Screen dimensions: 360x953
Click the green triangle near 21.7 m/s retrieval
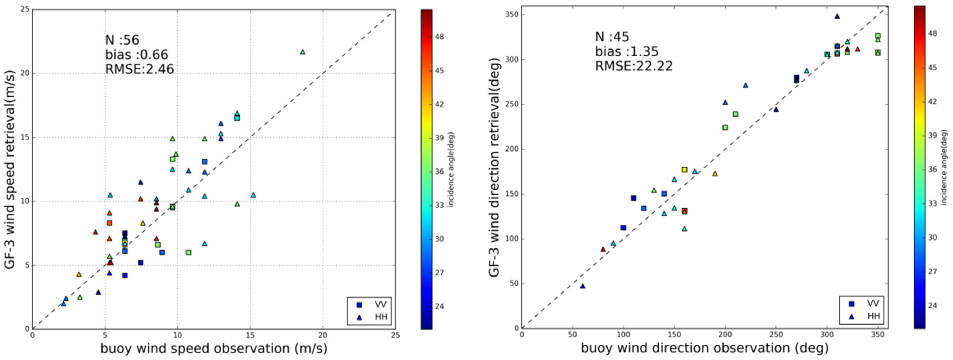[x=303, y=52]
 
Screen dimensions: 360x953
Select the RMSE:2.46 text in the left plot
[x=139, y=69]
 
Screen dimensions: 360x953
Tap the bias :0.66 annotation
[x=136, y=55]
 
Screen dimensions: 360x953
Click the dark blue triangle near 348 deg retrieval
[x=837, y=16]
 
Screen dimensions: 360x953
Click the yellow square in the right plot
[x=684, y=170]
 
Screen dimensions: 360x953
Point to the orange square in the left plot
[x=109, y=223]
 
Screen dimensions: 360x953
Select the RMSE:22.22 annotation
[x=634, y=66]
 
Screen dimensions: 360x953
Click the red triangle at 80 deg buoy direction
[x=603, y=249]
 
